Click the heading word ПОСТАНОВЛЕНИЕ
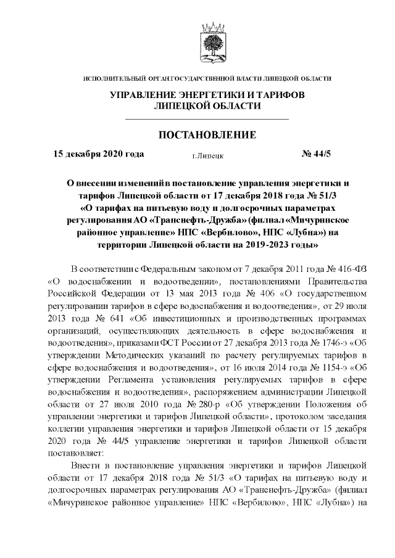pos(207,135)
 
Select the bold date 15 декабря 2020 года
pos(99,154)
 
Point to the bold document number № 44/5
pos(317,154)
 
